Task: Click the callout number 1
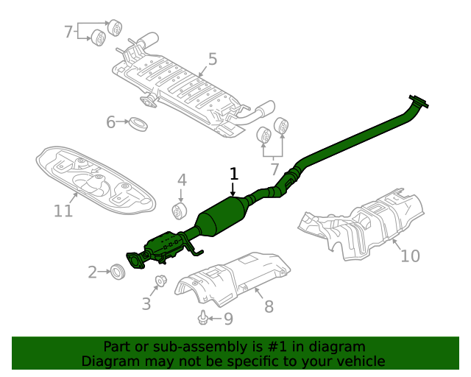pyautogui.click(x=234, y=174)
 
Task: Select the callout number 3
pyautogui.click(x=146, y=303)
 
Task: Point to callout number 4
pyautogui.click(x=182, y=180)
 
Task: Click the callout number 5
pyautogui.click(x=212, y=59)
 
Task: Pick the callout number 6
pyautogui.click(x=111, y=121)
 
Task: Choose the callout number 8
pyautogui.click(x=269, y=306)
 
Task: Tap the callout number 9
pyautogui.click(x=227, y=319)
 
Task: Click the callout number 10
pyautogui.click(x=410, y=256)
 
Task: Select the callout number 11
pyautogui.click(x=63, y=211)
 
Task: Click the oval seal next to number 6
pyautogui.click(x=138, y=123)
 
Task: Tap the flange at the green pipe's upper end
pyautogui.click(x=419, y=102)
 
